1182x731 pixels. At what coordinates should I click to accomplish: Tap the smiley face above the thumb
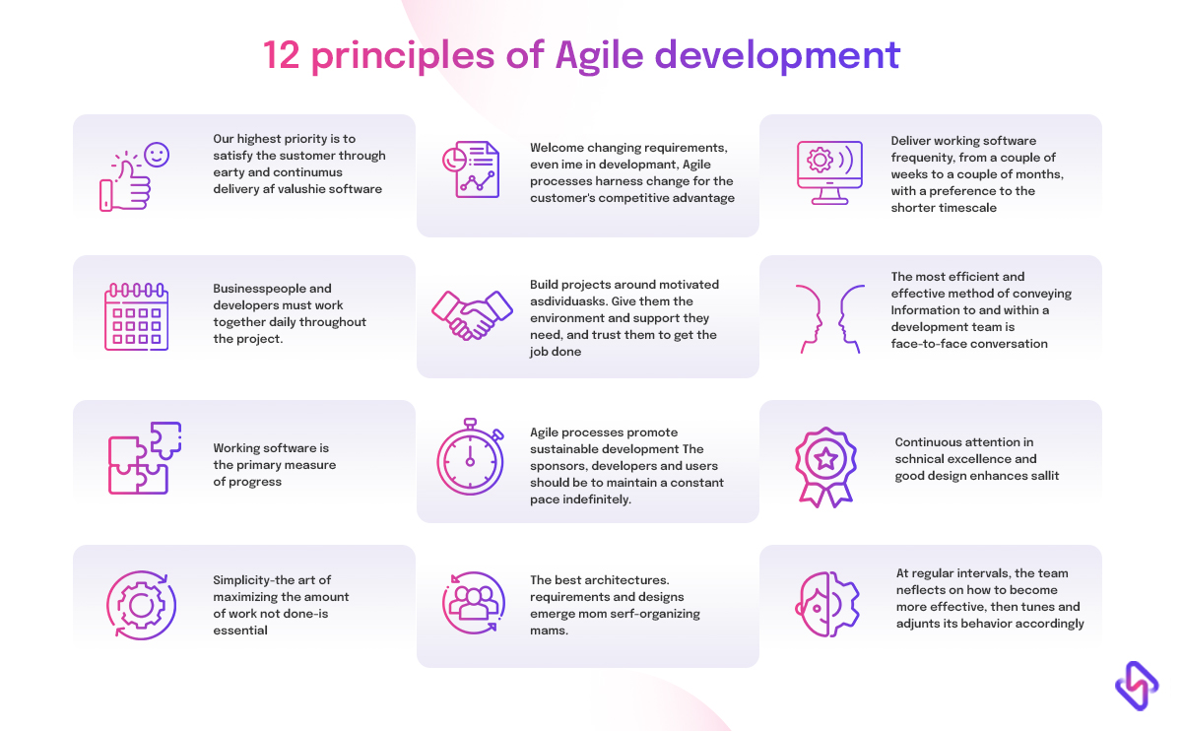(x=156, y=155)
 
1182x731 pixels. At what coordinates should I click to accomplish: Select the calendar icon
(x=137, y=317)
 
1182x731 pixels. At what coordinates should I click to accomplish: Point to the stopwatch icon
(x=471, y=459)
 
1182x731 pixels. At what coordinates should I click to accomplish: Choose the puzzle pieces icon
(x=144, y=458)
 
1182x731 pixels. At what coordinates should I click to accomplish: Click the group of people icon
(x=472, y=602)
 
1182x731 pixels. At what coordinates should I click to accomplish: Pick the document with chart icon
(x=471, y=169)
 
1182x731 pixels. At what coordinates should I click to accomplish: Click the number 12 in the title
(x=282, y=55)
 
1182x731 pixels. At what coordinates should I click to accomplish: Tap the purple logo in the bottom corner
(x=1136, y=685)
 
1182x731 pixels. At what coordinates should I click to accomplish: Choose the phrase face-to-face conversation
(x=969, y=344)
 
